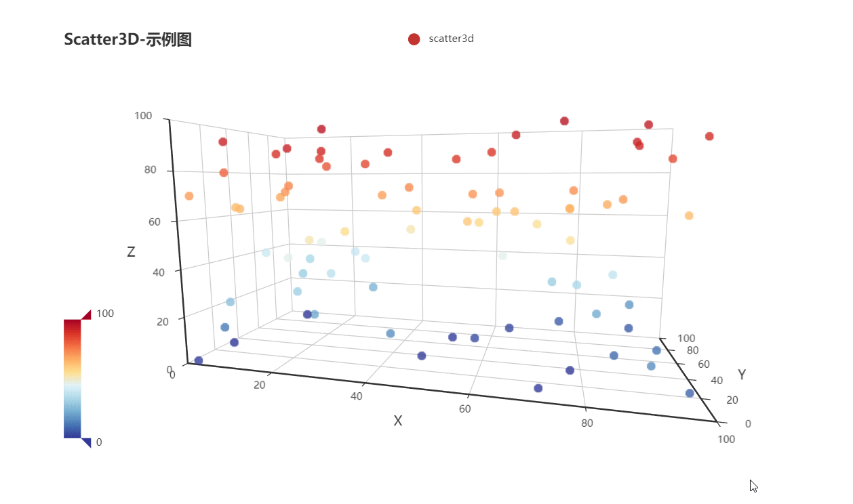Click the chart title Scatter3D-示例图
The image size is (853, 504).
coord(127,39)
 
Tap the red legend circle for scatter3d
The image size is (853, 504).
coord(414,39)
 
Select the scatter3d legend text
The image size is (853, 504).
coord(451,39)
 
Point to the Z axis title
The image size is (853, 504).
coord(131,252)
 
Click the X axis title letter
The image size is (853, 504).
coord(398,421)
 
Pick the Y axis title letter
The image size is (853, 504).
coord(742,375)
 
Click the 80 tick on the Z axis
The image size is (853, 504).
coord(151,170)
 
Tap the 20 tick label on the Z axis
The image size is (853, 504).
coord(162,322)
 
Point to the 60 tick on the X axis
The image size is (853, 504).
coord(464,408)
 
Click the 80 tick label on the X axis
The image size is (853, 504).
coord(587,423)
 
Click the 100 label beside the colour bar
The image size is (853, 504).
coord(104,314)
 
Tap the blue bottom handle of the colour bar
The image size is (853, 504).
coord(86,442)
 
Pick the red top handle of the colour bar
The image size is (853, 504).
coord(86,314)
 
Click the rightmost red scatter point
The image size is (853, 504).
coord(709,136)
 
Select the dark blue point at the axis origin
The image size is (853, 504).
coord(199,360)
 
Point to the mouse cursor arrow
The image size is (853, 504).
coord(753,485)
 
